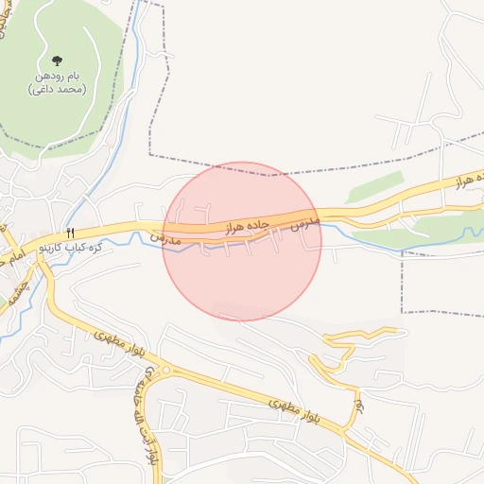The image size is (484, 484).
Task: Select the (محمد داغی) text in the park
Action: click(x=59, y=90)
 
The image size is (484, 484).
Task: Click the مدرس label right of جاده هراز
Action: click(x=306, y=224)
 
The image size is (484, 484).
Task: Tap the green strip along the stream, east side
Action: click(x=435, y=227)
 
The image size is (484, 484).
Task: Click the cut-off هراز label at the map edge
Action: click(x=469, y=179)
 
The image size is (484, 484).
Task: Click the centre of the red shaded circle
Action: click(x=242, y=241)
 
